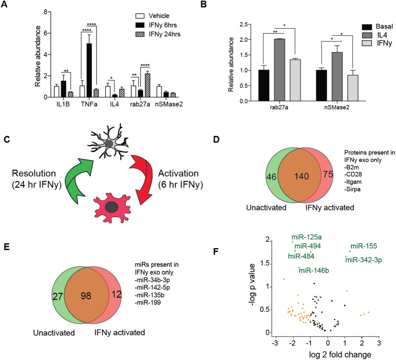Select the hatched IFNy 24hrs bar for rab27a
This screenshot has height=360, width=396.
pos(148,85)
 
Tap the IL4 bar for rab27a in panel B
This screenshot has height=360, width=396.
pos(279,70)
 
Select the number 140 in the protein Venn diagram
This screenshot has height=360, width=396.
pos(301,176)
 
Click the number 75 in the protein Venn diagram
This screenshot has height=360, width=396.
pos(328,175)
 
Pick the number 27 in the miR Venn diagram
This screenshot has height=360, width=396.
pos(58,296)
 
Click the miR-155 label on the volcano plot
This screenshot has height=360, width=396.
pos(364,246)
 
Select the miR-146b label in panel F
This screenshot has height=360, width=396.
pos(314,271)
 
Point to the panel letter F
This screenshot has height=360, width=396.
pos(217,251)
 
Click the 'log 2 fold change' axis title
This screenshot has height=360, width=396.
pos(340,354)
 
